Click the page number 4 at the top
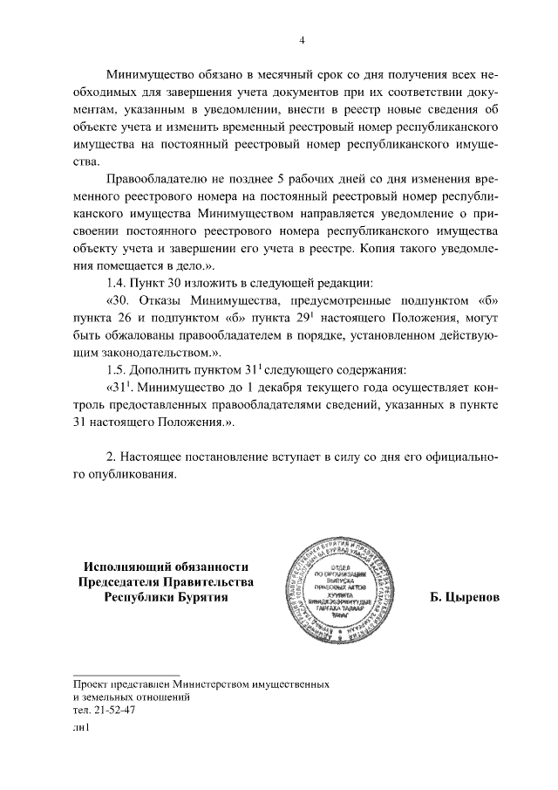point(302,40)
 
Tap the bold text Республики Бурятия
point(166,598)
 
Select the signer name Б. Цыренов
point(464,600)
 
